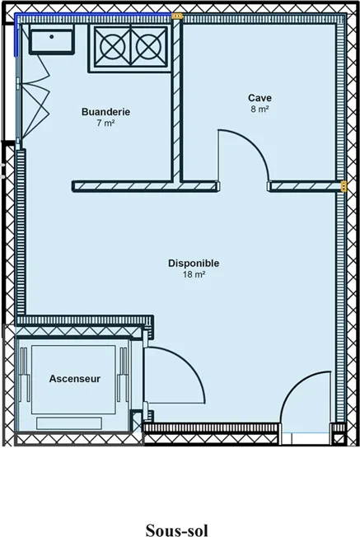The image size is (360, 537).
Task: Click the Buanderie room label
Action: coord(105,112)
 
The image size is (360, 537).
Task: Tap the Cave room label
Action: coord(260,98)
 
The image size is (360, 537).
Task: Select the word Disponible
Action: coord(194,264)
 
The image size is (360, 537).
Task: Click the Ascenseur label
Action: coord(75,379)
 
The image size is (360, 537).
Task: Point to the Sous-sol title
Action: coord(177,530)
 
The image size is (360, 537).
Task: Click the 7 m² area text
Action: coord(105,123)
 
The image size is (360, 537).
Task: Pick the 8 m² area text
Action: coord(259,110)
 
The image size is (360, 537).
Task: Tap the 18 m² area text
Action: coord(194,274)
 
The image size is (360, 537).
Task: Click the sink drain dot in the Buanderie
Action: coord(52,36)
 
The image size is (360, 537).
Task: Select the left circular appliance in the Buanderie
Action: coord(112,47)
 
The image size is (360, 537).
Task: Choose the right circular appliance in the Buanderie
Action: coord(148,47)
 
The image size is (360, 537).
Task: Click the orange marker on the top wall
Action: coord(177,16)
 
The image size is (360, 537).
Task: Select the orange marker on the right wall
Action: coord(343,186)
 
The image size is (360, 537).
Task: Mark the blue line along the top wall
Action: coord(93,14)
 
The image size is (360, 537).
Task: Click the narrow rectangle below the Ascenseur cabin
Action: coord(69,423)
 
